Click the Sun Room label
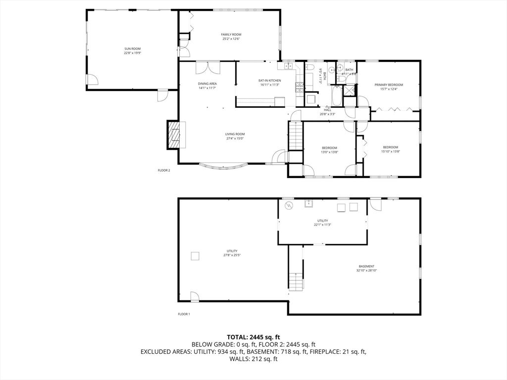132,48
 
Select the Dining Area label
207,84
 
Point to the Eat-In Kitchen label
269,81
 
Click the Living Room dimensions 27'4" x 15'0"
235,139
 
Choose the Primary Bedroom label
389,85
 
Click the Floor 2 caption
164,170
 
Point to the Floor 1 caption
184,314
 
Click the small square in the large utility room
196,256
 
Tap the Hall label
327,110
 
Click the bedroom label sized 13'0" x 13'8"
329,148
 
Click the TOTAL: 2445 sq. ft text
253,337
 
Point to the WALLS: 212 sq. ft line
253,359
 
